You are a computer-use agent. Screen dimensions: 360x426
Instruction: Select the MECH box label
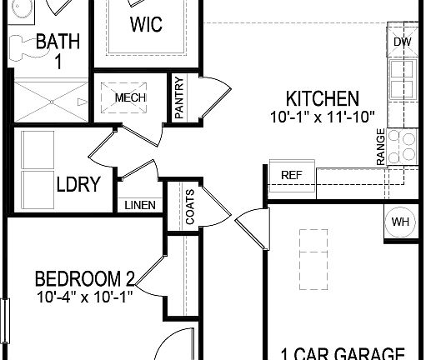coord(130,97)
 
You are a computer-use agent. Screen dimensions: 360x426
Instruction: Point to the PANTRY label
coord(178,100)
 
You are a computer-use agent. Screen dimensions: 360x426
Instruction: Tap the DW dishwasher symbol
coord(402,42)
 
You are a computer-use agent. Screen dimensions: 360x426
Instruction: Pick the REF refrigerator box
coord(291,175)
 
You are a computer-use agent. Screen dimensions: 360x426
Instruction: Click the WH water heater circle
coord(401,222)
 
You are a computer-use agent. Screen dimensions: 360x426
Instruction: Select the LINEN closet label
coord(138,205)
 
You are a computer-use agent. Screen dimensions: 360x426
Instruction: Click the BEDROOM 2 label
coord(85,277)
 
